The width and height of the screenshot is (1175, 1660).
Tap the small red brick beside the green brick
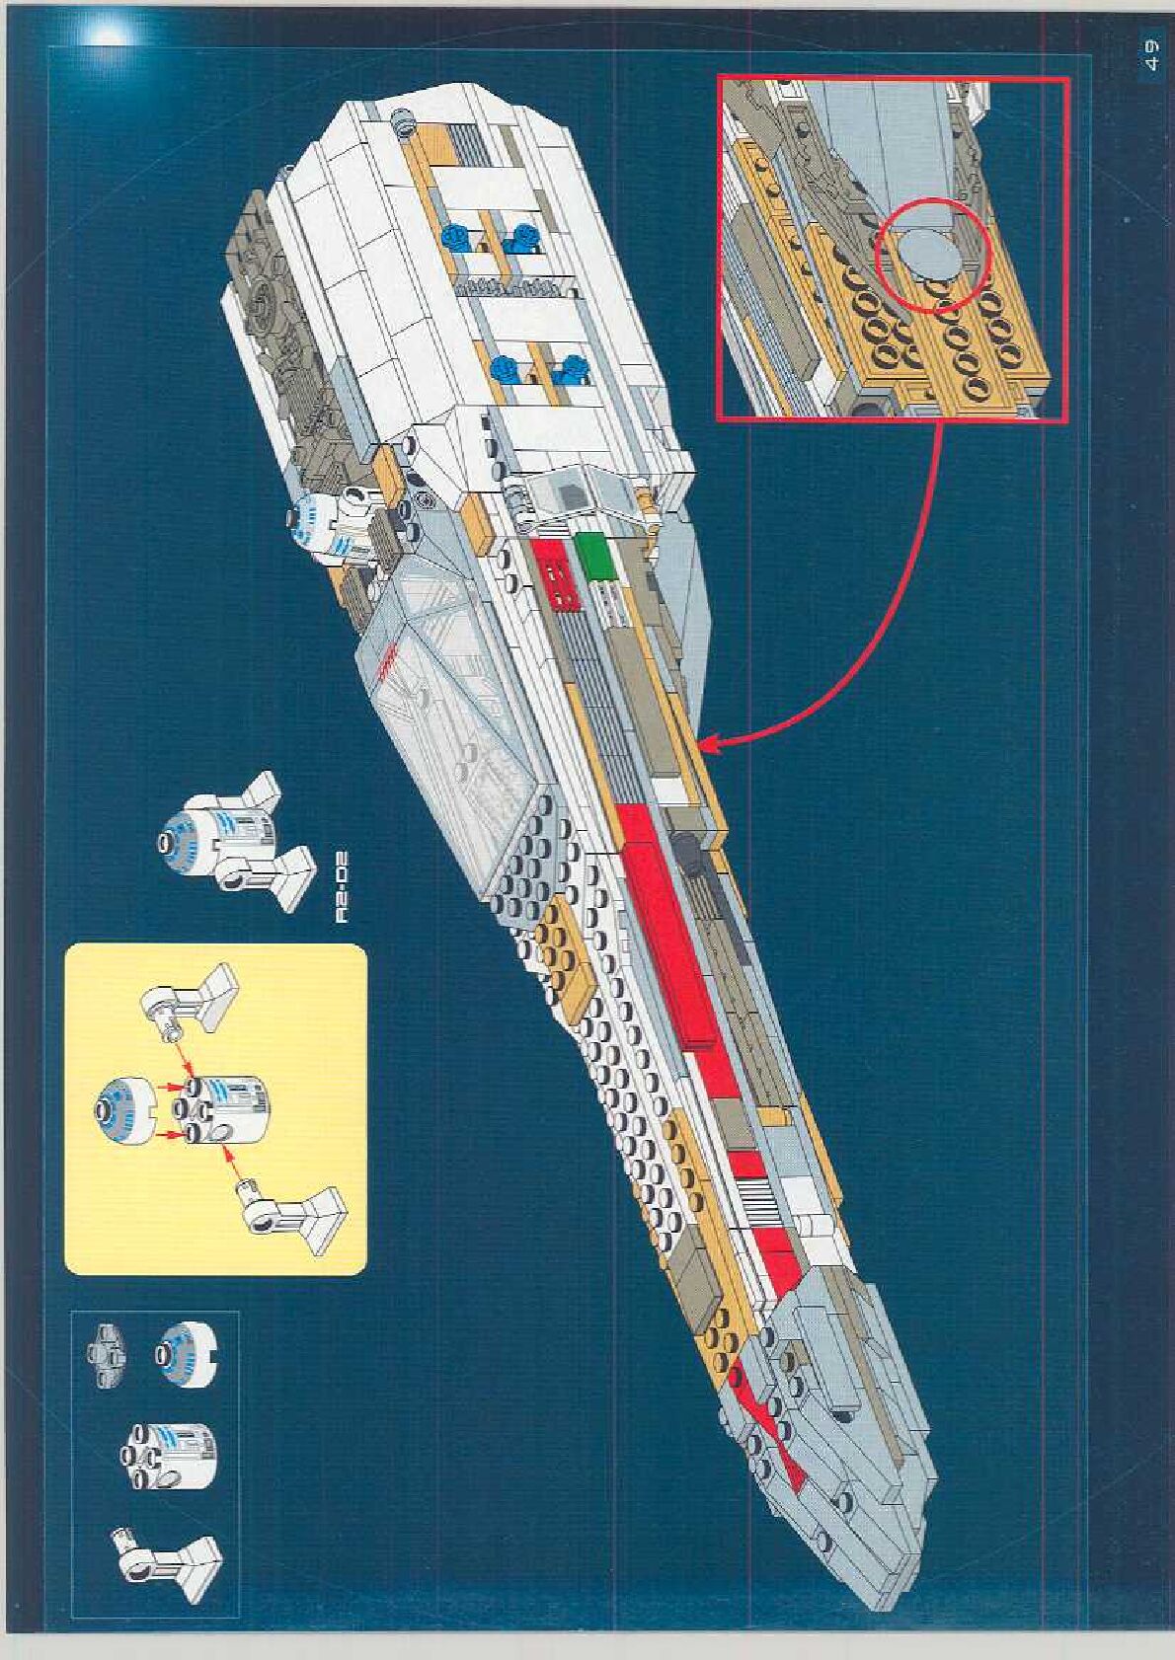coord(553,573)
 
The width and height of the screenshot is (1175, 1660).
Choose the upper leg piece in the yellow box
coord(196,1012)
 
